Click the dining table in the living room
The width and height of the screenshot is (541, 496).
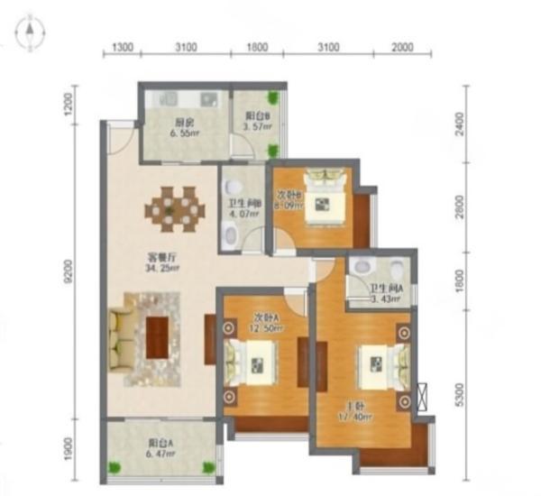(172, 208)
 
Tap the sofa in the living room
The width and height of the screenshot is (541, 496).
(120, 339)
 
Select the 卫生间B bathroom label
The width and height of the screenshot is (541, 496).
(243, 203)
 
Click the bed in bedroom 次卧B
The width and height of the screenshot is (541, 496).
(321, 203)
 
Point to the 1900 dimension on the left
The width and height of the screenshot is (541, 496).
(69, 449)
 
